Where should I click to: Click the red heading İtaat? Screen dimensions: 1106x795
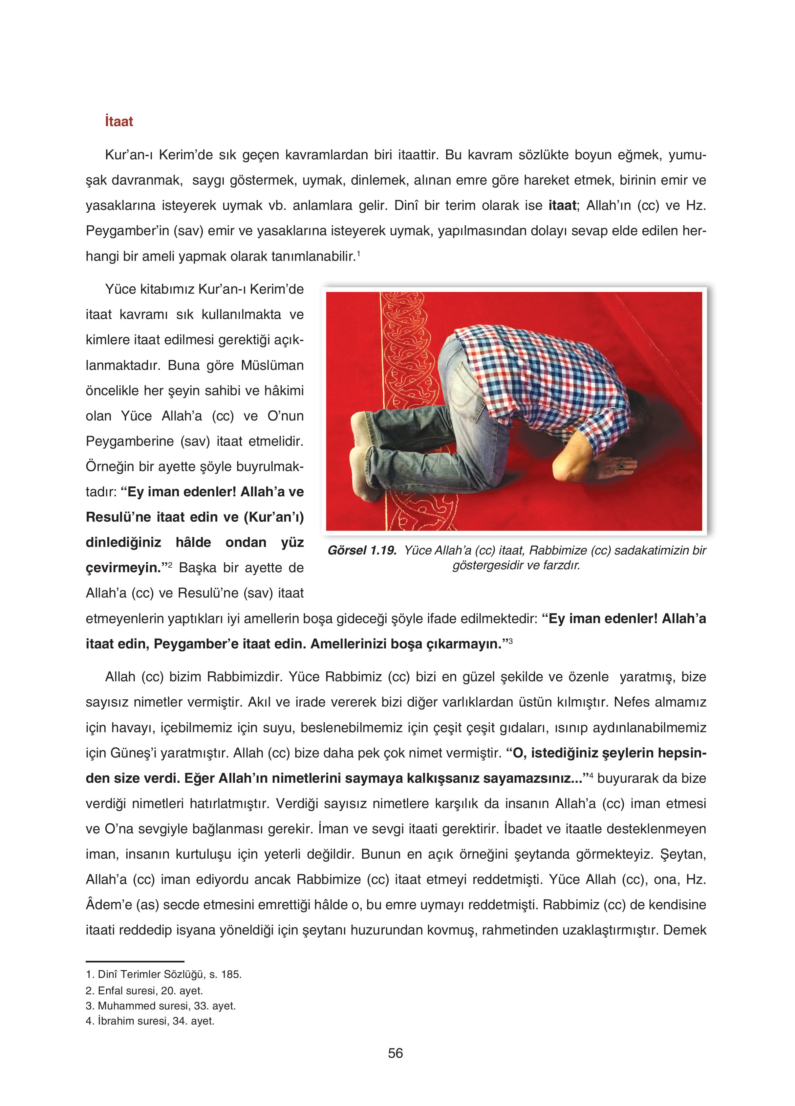coord(118,122)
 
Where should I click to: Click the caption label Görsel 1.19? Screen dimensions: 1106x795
coord(362,550)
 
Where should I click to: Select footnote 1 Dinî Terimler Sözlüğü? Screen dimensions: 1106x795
coord(164,974)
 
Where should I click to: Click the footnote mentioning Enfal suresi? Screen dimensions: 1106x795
coord(144,990)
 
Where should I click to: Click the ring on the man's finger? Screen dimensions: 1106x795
coord(621,467)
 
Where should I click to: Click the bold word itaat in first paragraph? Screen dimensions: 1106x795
coord(562,205)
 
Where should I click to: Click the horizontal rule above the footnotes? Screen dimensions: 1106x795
coord(135,961)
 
